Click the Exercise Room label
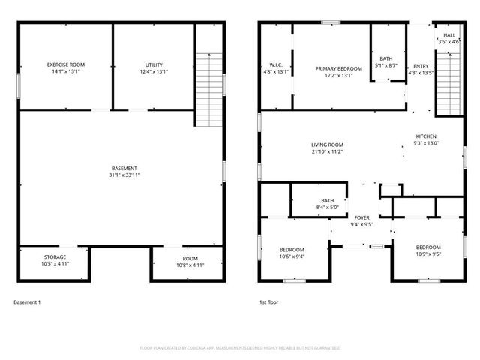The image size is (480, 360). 65,65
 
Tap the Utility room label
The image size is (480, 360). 154,65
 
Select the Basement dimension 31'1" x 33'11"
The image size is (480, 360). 124,175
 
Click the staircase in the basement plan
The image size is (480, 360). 210,89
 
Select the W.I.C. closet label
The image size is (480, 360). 275,65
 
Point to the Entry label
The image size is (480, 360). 421,66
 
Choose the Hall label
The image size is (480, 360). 449,35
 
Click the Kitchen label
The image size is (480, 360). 426,136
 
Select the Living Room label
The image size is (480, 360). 327,145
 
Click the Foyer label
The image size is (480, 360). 361,217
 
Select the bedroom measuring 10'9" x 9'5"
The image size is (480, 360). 428,247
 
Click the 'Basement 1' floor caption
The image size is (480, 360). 27,302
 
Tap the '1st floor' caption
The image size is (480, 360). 268,302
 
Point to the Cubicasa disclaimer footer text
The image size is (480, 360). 240,348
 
